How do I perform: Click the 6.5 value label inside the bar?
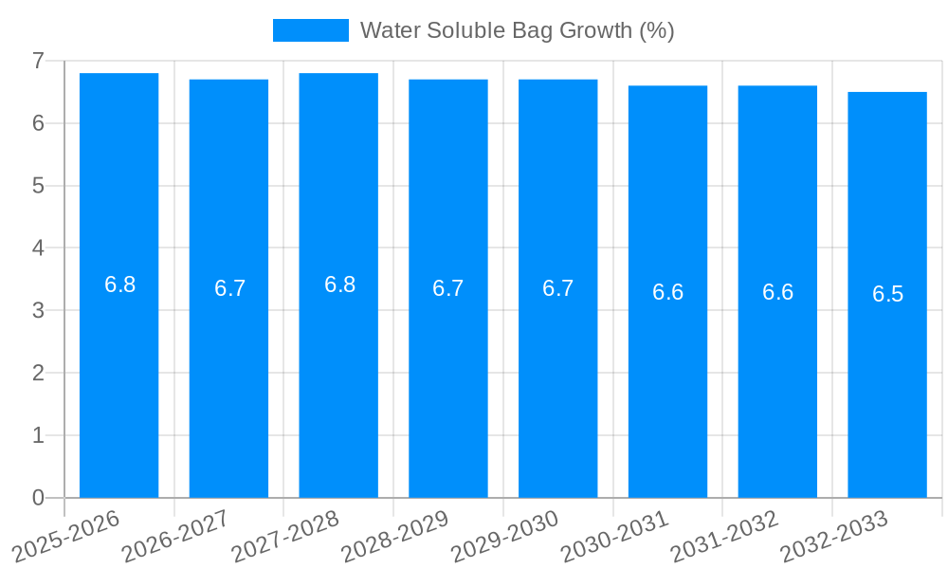(887, 294)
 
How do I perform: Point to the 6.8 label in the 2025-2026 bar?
(119, 284)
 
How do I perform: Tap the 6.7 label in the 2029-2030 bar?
(557, 288)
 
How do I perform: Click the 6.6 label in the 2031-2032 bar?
(777, 292)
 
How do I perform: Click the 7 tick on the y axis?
(38, 61)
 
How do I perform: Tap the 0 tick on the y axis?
(38, 498)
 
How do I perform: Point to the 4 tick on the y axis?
(38, 248)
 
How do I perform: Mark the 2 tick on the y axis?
(38, 373)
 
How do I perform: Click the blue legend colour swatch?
(310, 30)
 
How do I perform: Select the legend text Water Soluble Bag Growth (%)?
(517, 30)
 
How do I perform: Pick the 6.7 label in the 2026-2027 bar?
(229, 288)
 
